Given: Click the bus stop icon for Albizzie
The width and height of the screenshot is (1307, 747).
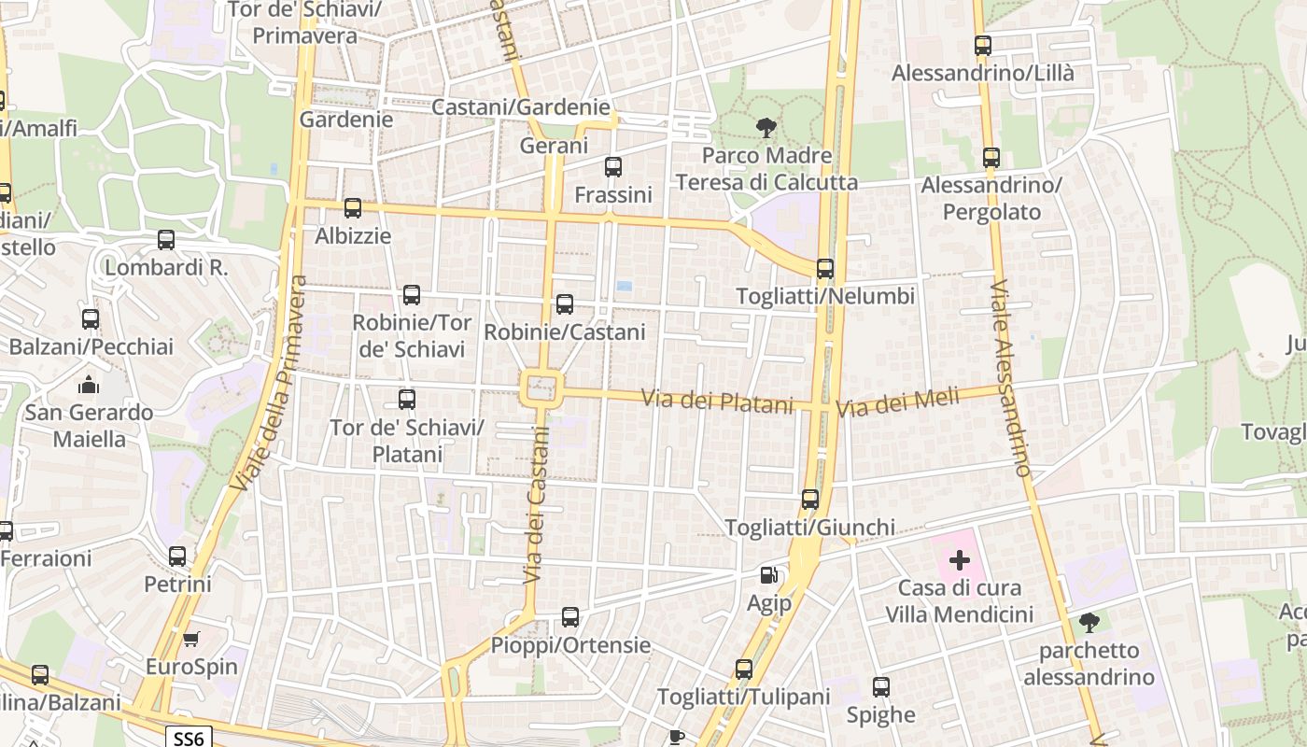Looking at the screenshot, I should point(353,208).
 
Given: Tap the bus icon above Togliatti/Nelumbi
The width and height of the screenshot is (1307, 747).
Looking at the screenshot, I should point(825,269).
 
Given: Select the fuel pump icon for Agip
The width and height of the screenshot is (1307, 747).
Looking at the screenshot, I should point(768,576).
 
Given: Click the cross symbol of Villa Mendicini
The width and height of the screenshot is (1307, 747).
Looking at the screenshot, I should point(960,560).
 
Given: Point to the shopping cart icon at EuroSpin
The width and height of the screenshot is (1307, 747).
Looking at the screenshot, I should point(190,640).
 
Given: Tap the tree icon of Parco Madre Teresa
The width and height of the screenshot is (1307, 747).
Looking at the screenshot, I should point(766,127).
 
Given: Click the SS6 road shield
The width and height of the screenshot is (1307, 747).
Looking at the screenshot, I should point(189,738).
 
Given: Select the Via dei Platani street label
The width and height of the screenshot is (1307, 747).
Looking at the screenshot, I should point(717,402).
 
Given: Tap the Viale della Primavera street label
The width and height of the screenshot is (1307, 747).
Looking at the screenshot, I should point(270,383).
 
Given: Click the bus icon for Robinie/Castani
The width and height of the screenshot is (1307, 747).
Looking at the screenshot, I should point(565,303).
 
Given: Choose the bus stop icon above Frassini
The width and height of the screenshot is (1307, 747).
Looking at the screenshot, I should point(613,167).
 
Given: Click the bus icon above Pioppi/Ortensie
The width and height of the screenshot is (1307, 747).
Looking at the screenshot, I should point(570,617).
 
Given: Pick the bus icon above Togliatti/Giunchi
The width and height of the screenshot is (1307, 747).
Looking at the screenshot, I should point(810,500).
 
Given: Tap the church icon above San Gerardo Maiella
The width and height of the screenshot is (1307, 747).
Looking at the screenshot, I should point(89,384).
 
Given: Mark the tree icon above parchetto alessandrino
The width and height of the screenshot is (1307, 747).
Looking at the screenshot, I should point(1089,622).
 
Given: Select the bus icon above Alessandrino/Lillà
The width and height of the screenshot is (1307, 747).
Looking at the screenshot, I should point(983,45).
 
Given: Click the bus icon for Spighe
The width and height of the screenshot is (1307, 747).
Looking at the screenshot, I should point(881,687).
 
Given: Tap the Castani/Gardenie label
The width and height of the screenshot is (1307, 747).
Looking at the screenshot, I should point(520,107).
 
